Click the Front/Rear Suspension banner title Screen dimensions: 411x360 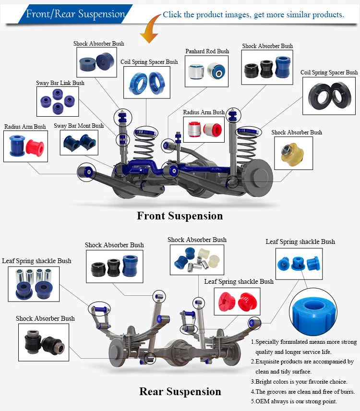[75, 14]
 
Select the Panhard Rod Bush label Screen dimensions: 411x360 [207, 51]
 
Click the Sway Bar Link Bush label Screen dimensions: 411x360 [60, 83]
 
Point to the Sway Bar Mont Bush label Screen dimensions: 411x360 [79, 126]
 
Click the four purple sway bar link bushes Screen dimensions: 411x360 [58, 101]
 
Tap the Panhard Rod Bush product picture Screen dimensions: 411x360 [207, 71]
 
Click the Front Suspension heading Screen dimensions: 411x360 [180, 216]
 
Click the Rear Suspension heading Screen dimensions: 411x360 [180, 392]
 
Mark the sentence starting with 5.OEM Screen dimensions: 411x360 [294, 401]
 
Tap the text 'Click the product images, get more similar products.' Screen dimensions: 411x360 [253, 14]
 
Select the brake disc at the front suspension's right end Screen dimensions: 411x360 [260, 176]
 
